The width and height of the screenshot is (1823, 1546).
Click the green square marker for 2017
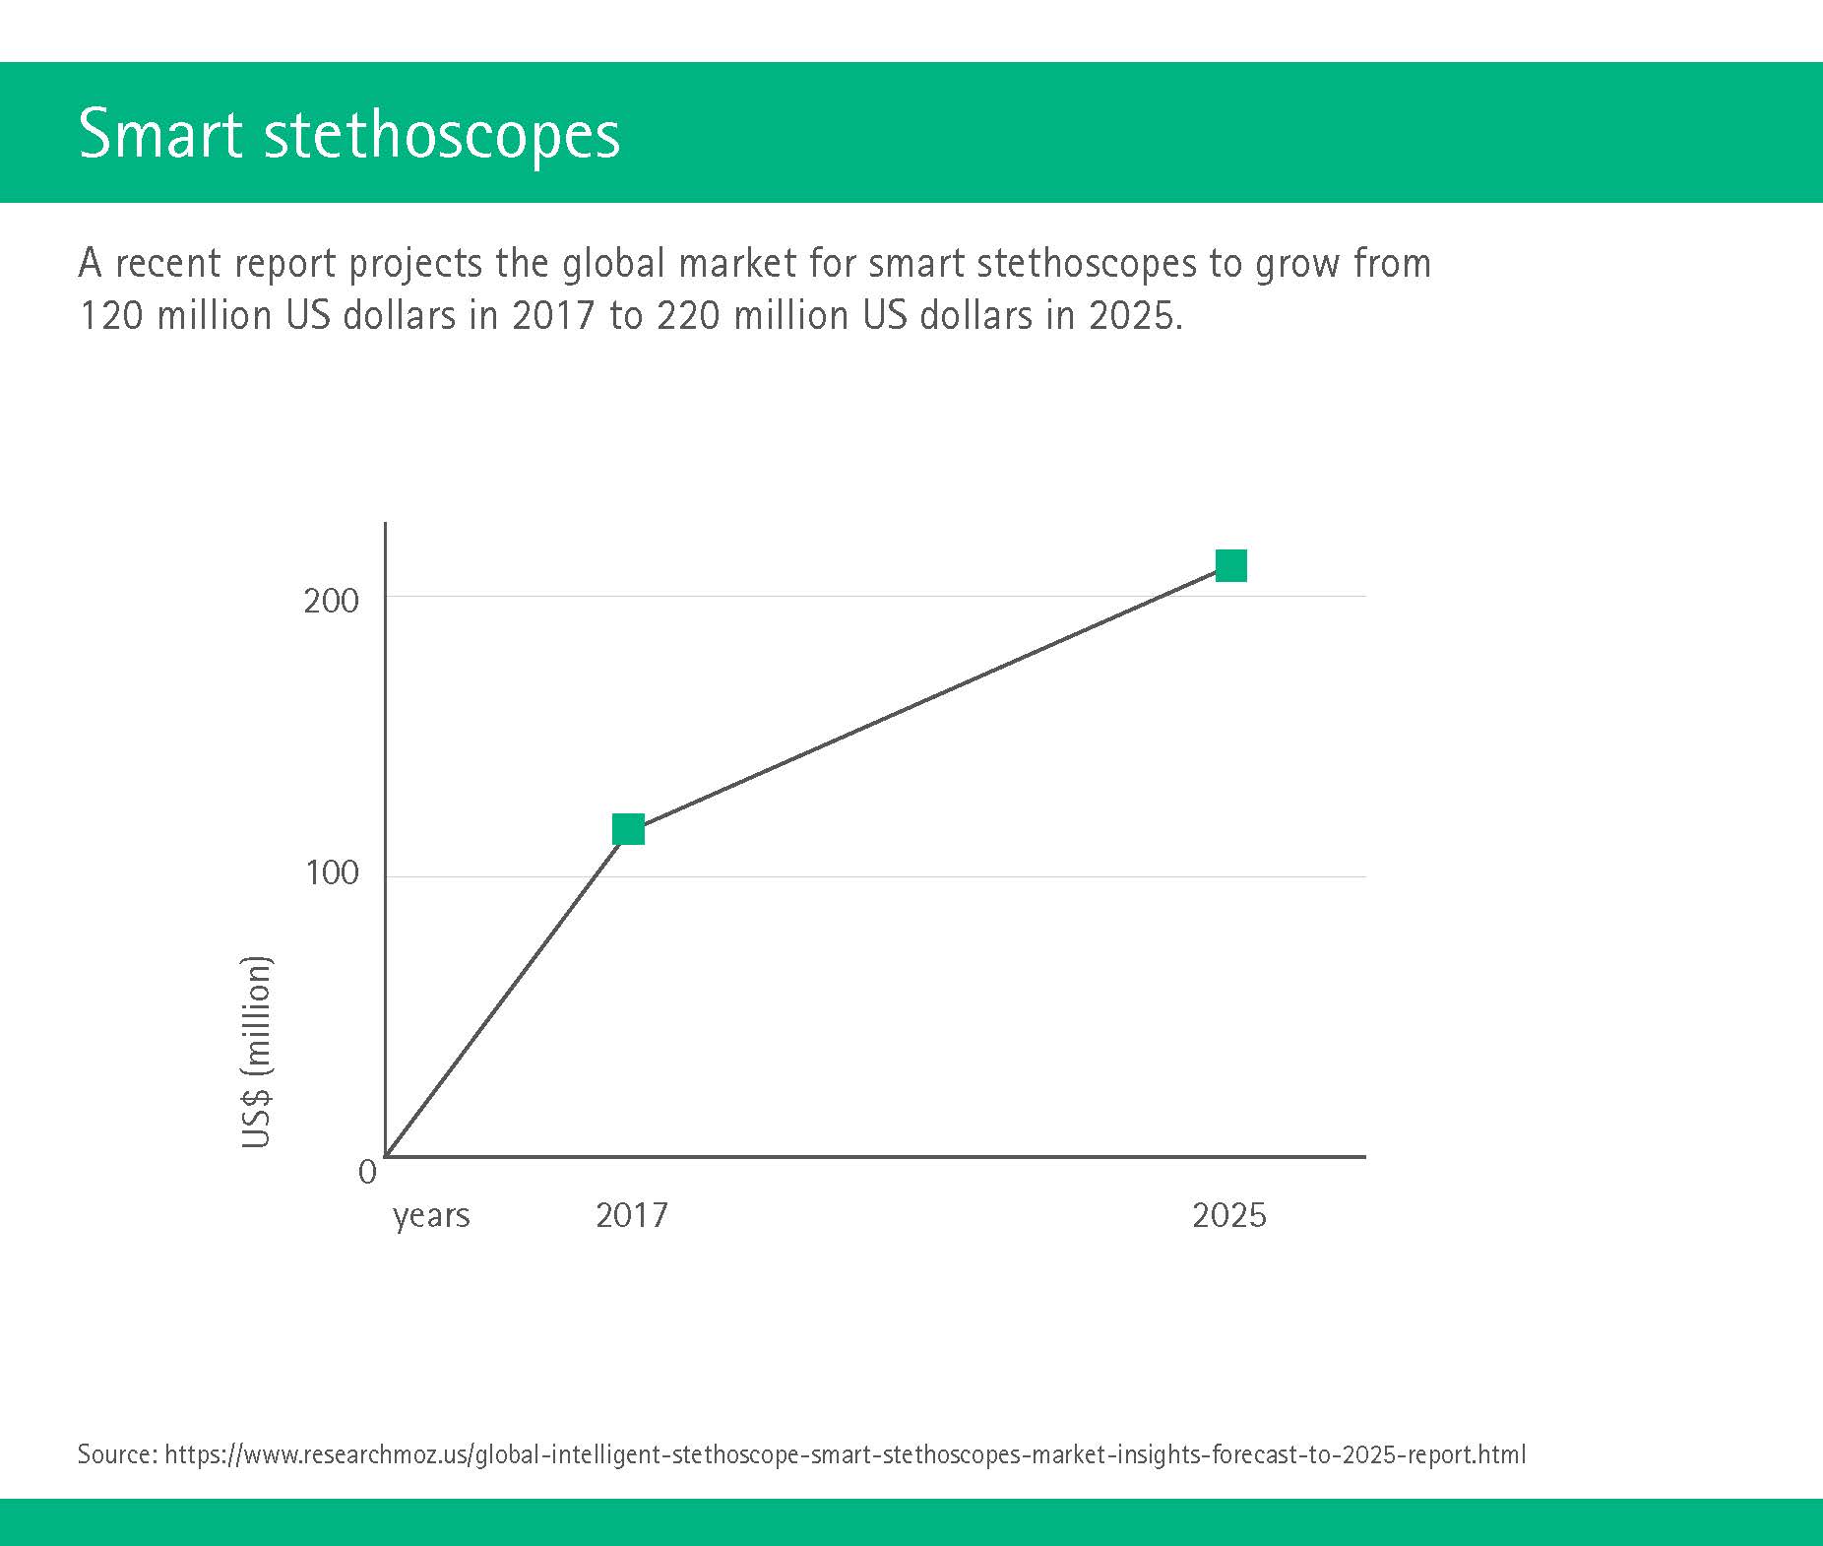[x=628, y=829]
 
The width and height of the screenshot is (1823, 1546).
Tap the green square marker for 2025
[x=1231, y=565]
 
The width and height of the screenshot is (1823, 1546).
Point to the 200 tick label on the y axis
[x=332, y=601]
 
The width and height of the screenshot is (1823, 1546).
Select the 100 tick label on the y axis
[x=332, y=872]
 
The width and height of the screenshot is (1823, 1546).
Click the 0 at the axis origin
[x=368, y=1172]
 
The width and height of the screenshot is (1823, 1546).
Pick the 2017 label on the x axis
[x=632, y=1215]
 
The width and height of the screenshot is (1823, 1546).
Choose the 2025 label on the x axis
[x=1229, y=1215]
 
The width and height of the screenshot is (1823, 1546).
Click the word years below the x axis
[x=431, y=1217]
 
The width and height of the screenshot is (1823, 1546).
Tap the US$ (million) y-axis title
[x=256, y=1051]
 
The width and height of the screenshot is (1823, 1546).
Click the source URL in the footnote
[x=846, y=1454]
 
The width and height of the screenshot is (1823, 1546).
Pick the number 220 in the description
[x=688, y=315]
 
